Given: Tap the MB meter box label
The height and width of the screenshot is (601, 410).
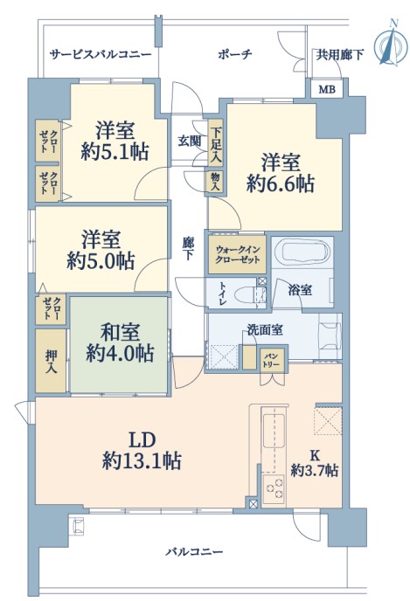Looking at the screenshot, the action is pos(327,90).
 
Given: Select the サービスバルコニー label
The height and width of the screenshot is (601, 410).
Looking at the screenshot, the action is pos(101,54).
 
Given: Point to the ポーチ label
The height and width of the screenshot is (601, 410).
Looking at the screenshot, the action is pos(235,54).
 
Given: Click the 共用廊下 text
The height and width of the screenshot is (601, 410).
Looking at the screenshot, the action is pos(339,55).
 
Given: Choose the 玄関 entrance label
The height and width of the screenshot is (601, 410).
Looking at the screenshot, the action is pos(190,141).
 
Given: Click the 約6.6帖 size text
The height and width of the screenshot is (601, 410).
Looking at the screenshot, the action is pos(281,184).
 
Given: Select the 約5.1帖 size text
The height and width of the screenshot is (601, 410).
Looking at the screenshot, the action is pos(115,151).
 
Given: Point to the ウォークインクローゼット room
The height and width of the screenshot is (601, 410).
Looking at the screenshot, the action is pos(238,254).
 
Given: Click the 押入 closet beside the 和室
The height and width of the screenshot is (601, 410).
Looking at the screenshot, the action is pos(51,361).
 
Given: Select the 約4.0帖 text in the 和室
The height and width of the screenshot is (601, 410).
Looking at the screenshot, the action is pos(120,353).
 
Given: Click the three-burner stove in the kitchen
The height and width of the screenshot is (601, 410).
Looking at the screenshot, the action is pos(274,489).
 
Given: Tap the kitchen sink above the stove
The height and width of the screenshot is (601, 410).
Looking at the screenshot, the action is pos(273,431).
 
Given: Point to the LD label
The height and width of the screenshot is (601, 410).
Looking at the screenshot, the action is pos(142,440).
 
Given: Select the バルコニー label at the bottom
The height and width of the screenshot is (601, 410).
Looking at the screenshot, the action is pos(194,552).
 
